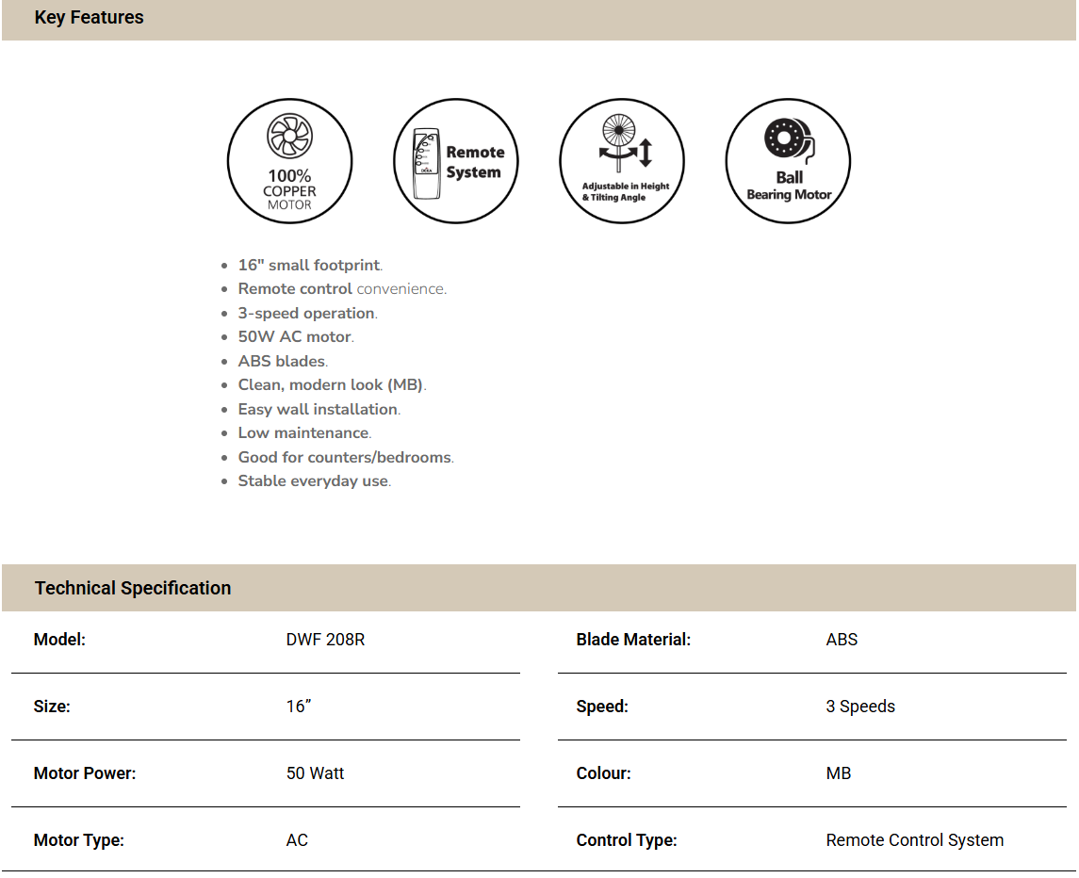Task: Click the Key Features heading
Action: click(x=89, y=18)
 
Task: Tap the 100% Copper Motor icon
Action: click(x=289, y=161)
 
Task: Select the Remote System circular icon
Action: click(x=455, y=161)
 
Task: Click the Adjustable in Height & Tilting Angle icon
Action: click(x=621, y=161)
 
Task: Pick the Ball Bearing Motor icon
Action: click(x=788, y=161)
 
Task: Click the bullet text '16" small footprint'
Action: click(x=309, y=266)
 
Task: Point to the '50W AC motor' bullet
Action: click(x=295, y=337)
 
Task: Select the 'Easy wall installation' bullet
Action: click(x=319, y=410)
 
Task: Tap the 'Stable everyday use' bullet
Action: click(x=313, y=481)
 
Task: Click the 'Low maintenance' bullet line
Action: click(x=303, y=433)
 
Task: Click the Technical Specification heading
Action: click(x=133, y=589)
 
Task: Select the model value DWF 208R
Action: click(x=325, y=640)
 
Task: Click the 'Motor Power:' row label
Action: click(x=85, y=773)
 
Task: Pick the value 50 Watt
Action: click(x=315, y=773)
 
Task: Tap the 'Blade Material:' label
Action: click(x=633, y=640)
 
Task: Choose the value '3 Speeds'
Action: click(x=860, y=707)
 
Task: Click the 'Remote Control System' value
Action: click(x=914, y=840)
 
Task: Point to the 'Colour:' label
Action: click(x=603, y=773)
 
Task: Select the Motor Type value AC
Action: click(x=297, y=840)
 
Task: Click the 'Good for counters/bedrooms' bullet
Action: click(x=345, y=458)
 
